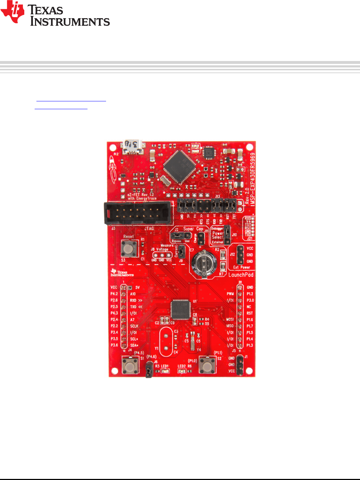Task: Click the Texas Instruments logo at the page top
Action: click(55, 14)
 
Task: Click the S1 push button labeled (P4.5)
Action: click(130, 366)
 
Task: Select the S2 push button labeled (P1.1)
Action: click(207, 365)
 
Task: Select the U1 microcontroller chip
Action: click(181, 309)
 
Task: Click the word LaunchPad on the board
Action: click(241, 275)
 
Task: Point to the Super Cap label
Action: click(193, 229)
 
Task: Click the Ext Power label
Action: click(241, 267)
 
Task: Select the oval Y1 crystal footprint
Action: click(166, 341)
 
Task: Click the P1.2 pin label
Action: click(250, 294)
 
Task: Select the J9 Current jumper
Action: click(181, 252)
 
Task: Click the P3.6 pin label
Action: click(114, 345)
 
